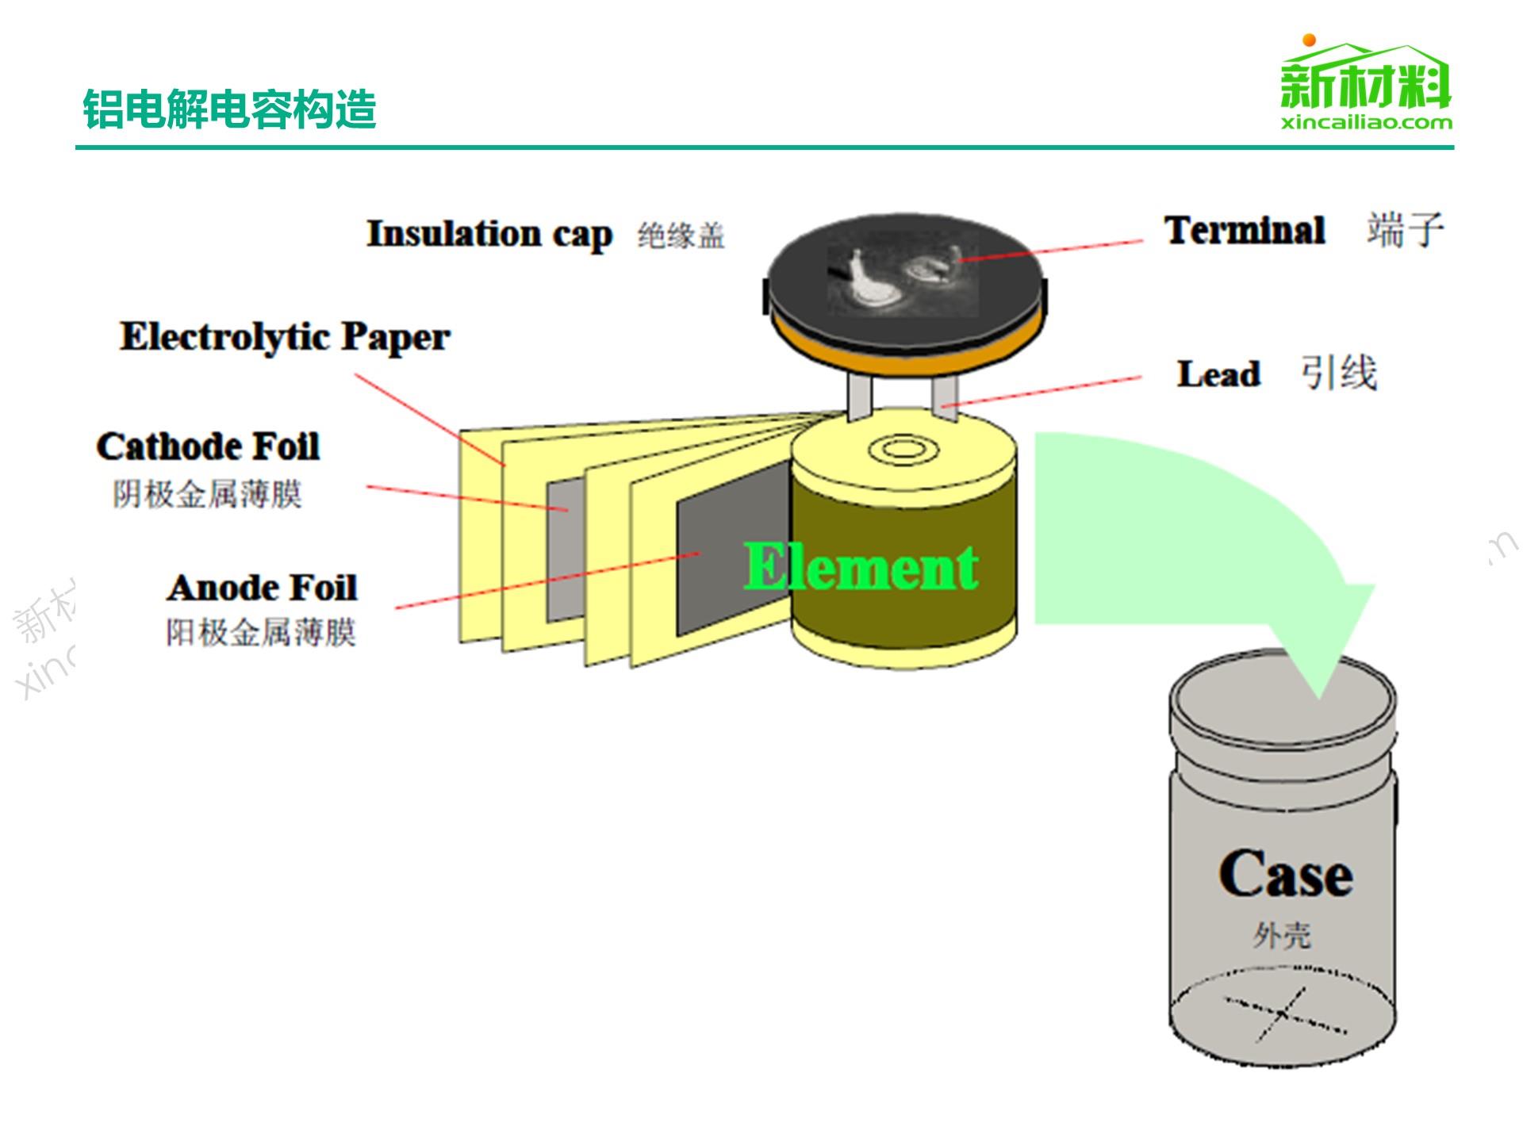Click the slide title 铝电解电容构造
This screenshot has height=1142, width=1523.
(229, 109)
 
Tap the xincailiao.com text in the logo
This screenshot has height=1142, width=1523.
(1366, 122)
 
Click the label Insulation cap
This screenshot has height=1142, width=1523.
(489, 234)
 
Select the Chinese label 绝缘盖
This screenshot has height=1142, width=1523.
(681, 236)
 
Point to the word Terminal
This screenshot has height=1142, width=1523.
(1244, 231)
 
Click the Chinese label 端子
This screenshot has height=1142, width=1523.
(1405, 231)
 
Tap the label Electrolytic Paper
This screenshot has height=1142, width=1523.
(285, 337)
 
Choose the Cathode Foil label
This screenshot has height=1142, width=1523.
(208, 446)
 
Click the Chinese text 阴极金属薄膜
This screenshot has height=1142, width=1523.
(207, 494)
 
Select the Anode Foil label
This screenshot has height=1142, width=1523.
(262, 588)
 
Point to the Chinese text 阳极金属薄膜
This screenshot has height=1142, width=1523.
(260, 633)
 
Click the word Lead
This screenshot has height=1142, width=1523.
(1218, 374)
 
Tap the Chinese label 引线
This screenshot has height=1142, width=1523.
(1338, 373)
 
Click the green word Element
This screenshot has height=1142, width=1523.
(861, 568)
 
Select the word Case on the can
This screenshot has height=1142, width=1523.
(1285, 875)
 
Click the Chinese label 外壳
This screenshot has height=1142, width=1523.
(1282, 936)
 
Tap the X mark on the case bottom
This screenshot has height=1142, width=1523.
(1281, 1014)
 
